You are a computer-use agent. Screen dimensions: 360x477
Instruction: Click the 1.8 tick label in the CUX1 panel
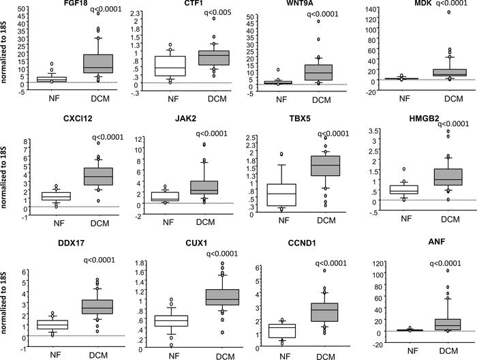pyautogui.click(x=138, y=262)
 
